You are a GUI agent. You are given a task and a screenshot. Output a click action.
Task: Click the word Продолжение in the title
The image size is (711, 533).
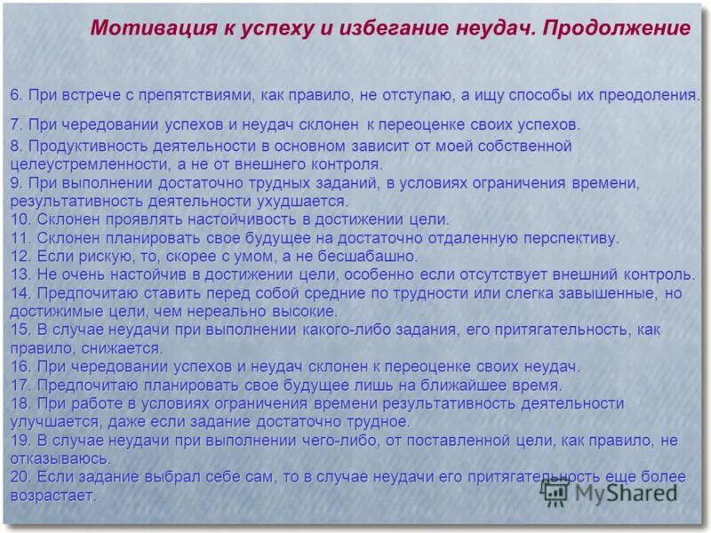617,28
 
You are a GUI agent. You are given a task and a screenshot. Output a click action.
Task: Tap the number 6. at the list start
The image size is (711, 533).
17,94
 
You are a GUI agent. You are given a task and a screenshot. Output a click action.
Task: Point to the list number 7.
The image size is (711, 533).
17,123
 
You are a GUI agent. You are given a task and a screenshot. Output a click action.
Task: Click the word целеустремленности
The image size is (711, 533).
84,163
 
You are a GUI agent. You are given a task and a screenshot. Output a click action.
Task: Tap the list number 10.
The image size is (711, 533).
20,219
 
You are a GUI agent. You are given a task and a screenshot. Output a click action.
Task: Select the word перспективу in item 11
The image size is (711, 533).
571,238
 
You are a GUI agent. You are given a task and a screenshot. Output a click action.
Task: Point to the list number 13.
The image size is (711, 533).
20,274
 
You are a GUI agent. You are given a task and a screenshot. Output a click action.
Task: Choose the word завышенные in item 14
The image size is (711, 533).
612,293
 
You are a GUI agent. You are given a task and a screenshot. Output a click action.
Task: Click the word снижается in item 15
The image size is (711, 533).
121,348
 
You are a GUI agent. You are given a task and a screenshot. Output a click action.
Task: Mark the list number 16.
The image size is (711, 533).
20,367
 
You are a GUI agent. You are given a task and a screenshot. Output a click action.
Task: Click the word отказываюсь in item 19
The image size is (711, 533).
60,458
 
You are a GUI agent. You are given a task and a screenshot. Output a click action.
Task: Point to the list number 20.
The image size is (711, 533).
20,477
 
